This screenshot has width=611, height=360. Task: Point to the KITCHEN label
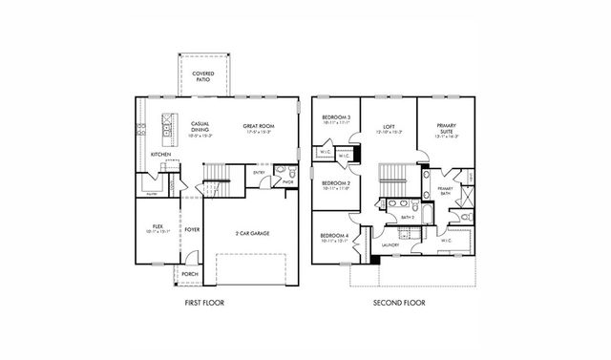pyautogui.click(x=160, y=154)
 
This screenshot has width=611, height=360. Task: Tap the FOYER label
pyautogui.click(x=192, y=229)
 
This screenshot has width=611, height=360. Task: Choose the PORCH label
pyautogui.click(x=189, y=274)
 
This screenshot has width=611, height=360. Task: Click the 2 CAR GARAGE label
pyautogui.click(x=250, y=231)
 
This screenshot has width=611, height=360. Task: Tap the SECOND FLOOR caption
pyautogui.click(x=401, y=303)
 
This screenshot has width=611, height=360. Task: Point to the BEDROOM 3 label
pyautogui.click(x=337, y=118)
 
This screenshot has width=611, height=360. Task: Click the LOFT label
pyautogui.click(x=389, y=126)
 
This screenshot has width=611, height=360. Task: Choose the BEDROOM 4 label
pyautogui.click(x=334, y=237)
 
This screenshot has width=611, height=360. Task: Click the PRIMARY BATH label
pyautogui.click(x=445, y=191)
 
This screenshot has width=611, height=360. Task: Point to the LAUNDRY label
pyautogui.click(x=389, y=245)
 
